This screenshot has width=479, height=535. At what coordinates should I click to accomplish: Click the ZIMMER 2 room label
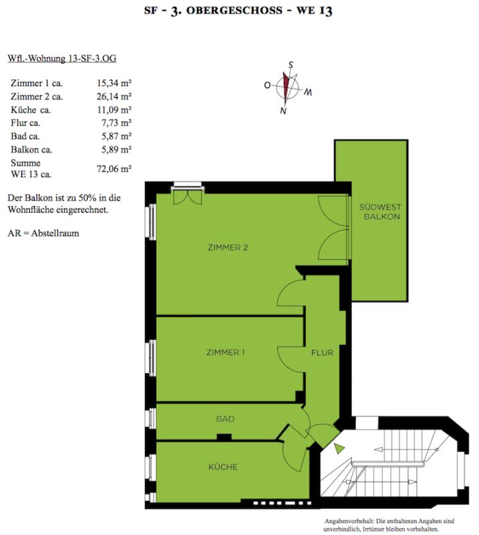[x=228, y=247]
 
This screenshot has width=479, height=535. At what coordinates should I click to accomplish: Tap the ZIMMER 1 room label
[x=225, y=352]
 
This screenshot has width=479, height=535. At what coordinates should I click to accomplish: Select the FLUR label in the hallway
[x=322, y=352]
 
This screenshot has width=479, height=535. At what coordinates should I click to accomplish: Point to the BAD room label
[x=225, y=419]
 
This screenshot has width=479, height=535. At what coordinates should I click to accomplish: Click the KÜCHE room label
[x=223, y=466]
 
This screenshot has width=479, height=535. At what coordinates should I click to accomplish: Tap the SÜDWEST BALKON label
[x=381, y=211]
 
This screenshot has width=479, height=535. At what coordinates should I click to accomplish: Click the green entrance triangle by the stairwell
[x=339, y=448]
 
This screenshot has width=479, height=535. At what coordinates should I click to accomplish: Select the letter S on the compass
[x=291, y=65]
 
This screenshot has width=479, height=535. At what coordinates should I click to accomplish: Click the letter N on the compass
[x=283, y=110]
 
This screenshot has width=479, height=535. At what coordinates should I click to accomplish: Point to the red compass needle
[x=286, y=86]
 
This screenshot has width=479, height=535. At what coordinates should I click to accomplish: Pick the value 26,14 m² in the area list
[x=114, y=96]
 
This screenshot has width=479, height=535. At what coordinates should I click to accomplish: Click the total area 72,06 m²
[x=114, y=169]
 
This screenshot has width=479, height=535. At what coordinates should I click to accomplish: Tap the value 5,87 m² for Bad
[x=116, y=136]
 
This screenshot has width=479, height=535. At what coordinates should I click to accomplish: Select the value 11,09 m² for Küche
[x=114, y=110]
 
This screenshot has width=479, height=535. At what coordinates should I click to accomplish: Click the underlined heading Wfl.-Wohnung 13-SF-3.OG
[x=62, y=59]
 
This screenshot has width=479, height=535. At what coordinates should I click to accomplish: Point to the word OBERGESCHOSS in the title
[x=234, y=10]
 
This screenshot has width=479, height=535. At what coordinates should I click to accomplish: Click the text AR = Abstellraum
[x=43, y=233]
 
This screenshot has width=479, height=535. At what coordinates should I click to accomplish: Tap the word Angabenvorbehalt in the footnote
[x=349, y=521]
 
